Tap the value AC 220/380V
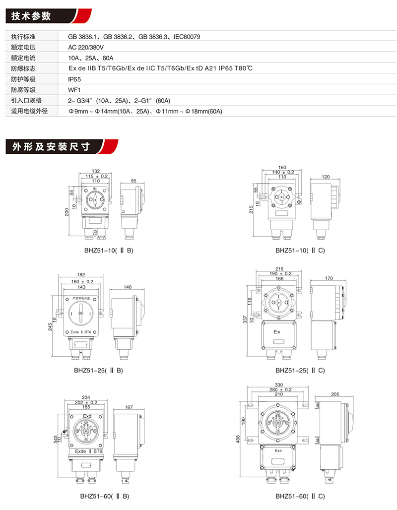[86, 48]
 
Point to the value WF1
[74, 90]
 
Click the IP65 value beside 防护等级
[74, 79]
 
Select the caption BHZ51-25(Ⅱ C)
[300, 370]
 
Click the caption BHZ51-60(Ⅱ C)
[300, 496]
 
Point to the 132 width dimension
[96, 171]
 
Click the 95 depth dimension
[133, 181]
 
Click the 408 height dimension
[239, 440]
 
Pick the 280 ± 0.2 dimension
[280, 389]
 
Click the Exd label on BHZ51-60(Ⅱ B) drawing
[87, 416]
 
